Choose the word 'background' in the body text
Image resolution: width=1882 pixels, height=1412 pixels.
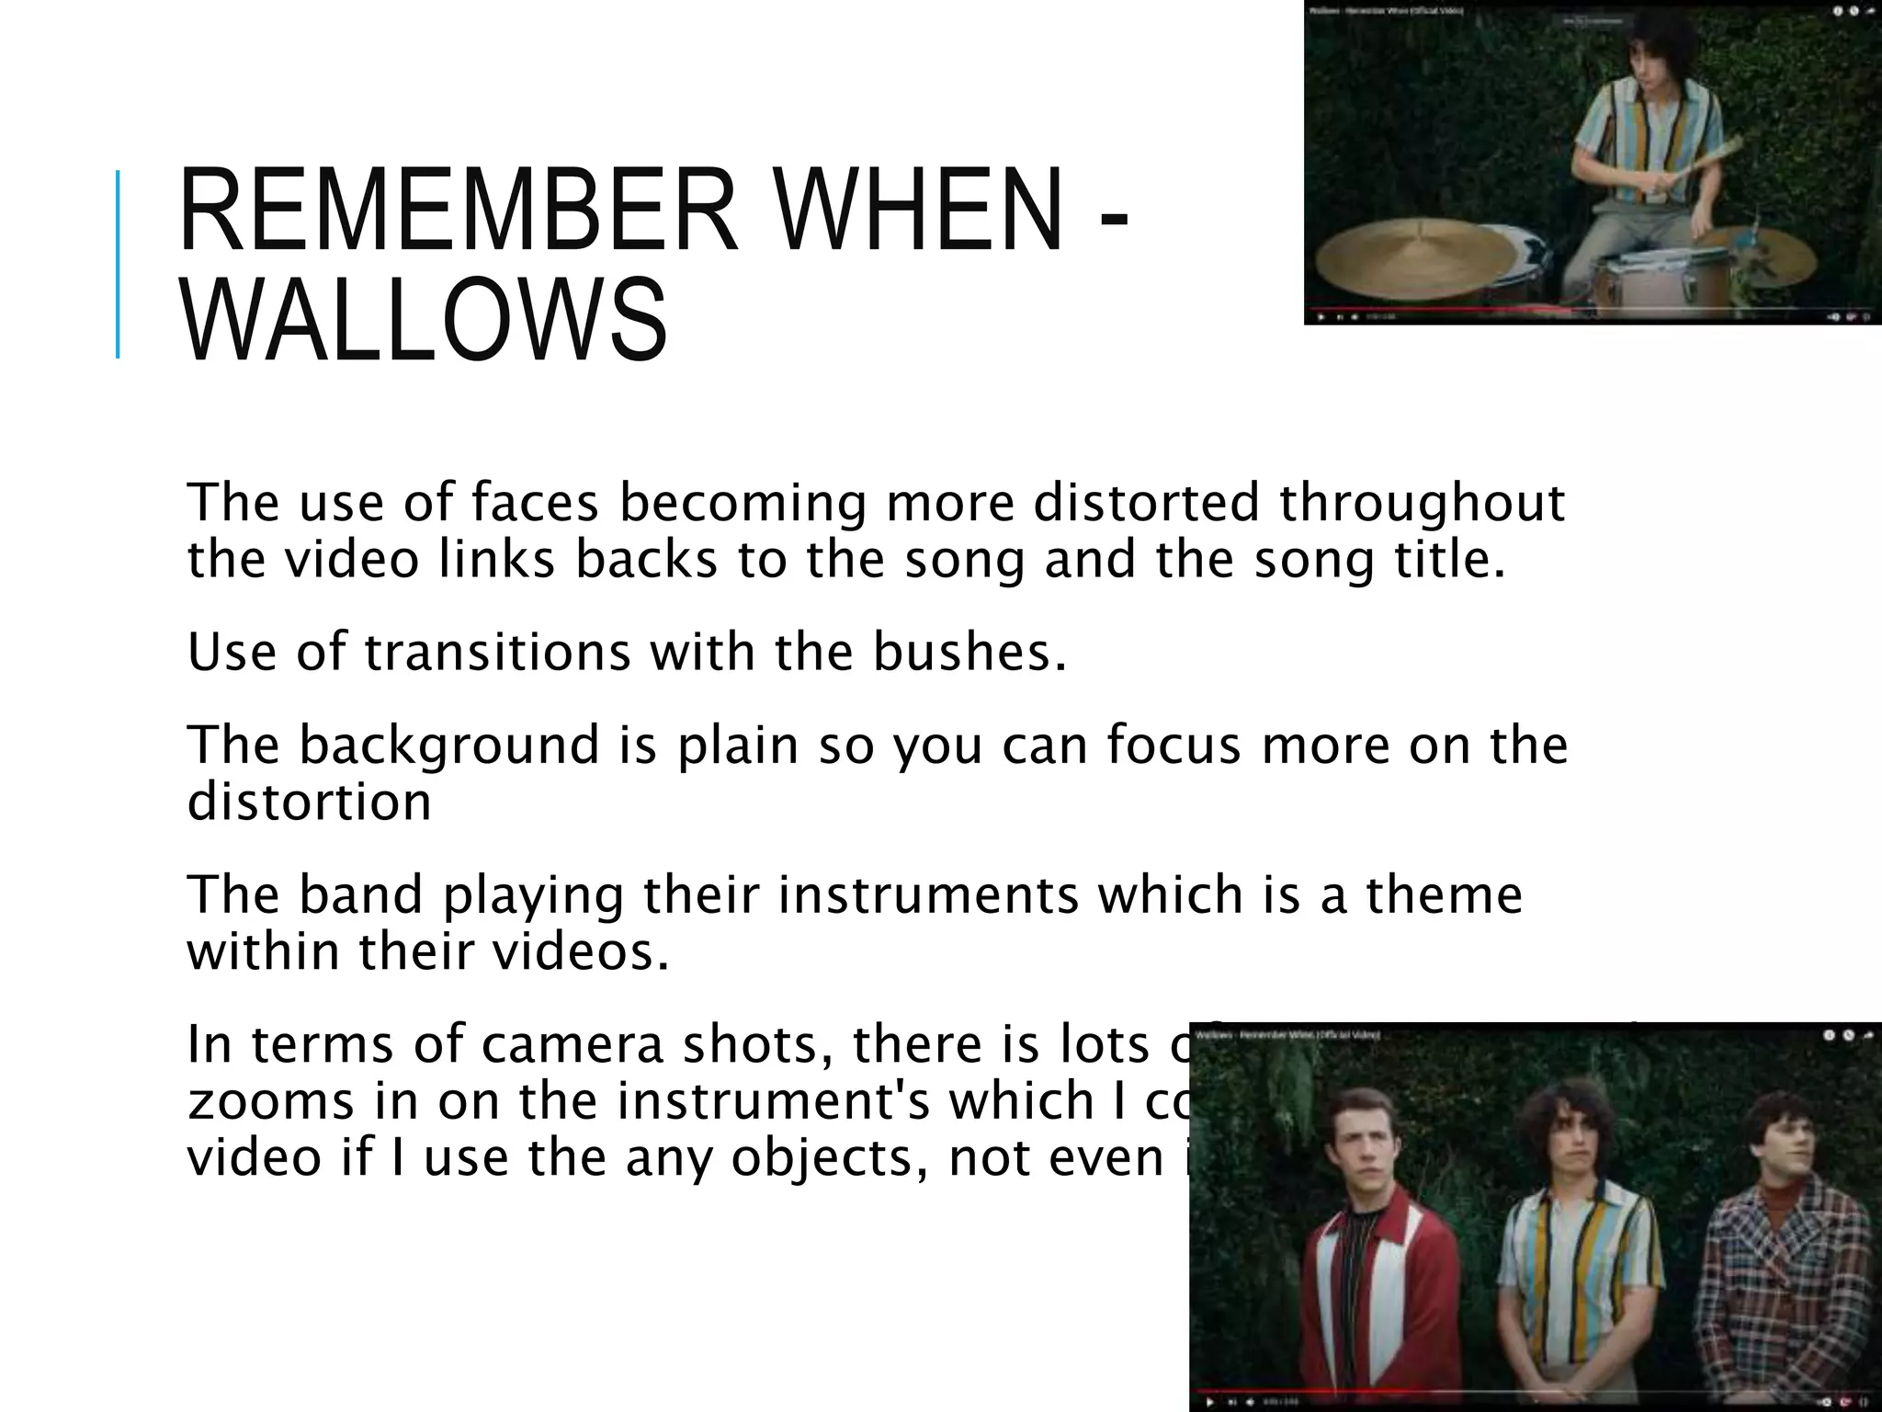point(448,745)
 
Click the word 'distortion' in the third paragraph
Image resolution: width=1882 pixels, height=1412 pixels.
point(309,802)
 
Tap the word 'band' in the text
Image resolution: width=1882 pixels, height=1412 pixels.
point(361,894)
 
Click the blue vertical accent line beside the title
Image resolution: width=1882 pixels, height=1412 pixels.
point(118,264)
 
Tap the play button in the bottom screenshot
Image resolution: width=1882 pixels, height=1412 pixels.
point(1210,1403)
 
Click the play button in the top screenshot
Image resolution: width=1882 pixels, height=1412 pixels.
point(1321,317)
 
